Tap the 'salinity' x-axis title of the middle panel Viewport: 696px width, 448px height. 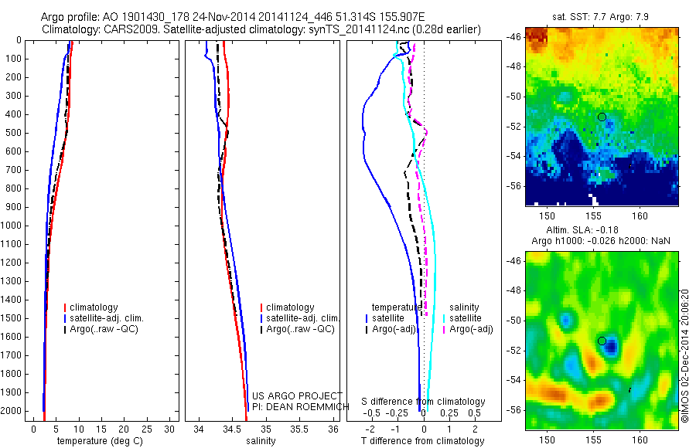261,441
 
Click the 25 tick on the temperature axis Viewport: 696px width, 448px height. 147,428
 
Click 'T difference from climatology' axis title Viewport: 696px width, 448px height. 422,441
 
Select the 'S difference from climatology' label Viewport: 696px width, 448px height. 424,402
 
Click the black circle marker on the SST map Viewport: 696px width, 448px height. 602,117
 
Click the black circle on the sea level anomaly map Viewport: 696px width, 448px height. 602,341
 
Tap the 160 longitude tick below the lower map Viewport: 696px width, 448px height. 640,439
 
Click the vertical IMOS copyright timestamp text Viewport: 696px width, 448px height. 685,355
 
